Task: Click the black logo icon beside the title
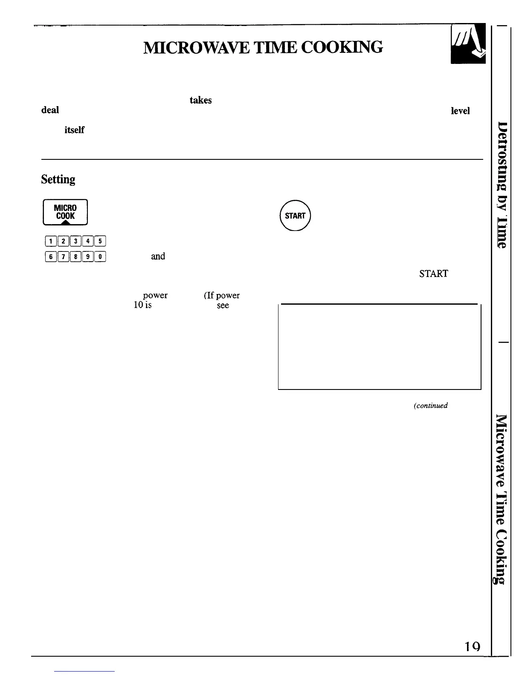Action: pos(468,44)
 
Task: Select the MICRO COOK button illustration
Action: pos(65,212)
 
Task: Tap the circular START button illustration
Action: pos(295,216)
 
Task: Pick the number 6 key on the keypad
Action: pos(51,257)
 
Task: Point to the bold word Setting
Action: pos(58,179)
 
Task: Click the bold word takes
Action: pos(200,100)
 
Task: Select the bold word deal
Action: pos(50,110)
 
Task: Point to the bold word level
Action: pos(460,111)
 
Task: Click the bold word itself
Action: pos(74,130)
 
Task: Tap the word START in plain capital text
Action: pos(433,274)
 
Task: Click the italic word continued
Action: pos(430,406)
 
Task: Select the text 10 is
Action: pos(142,305)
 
